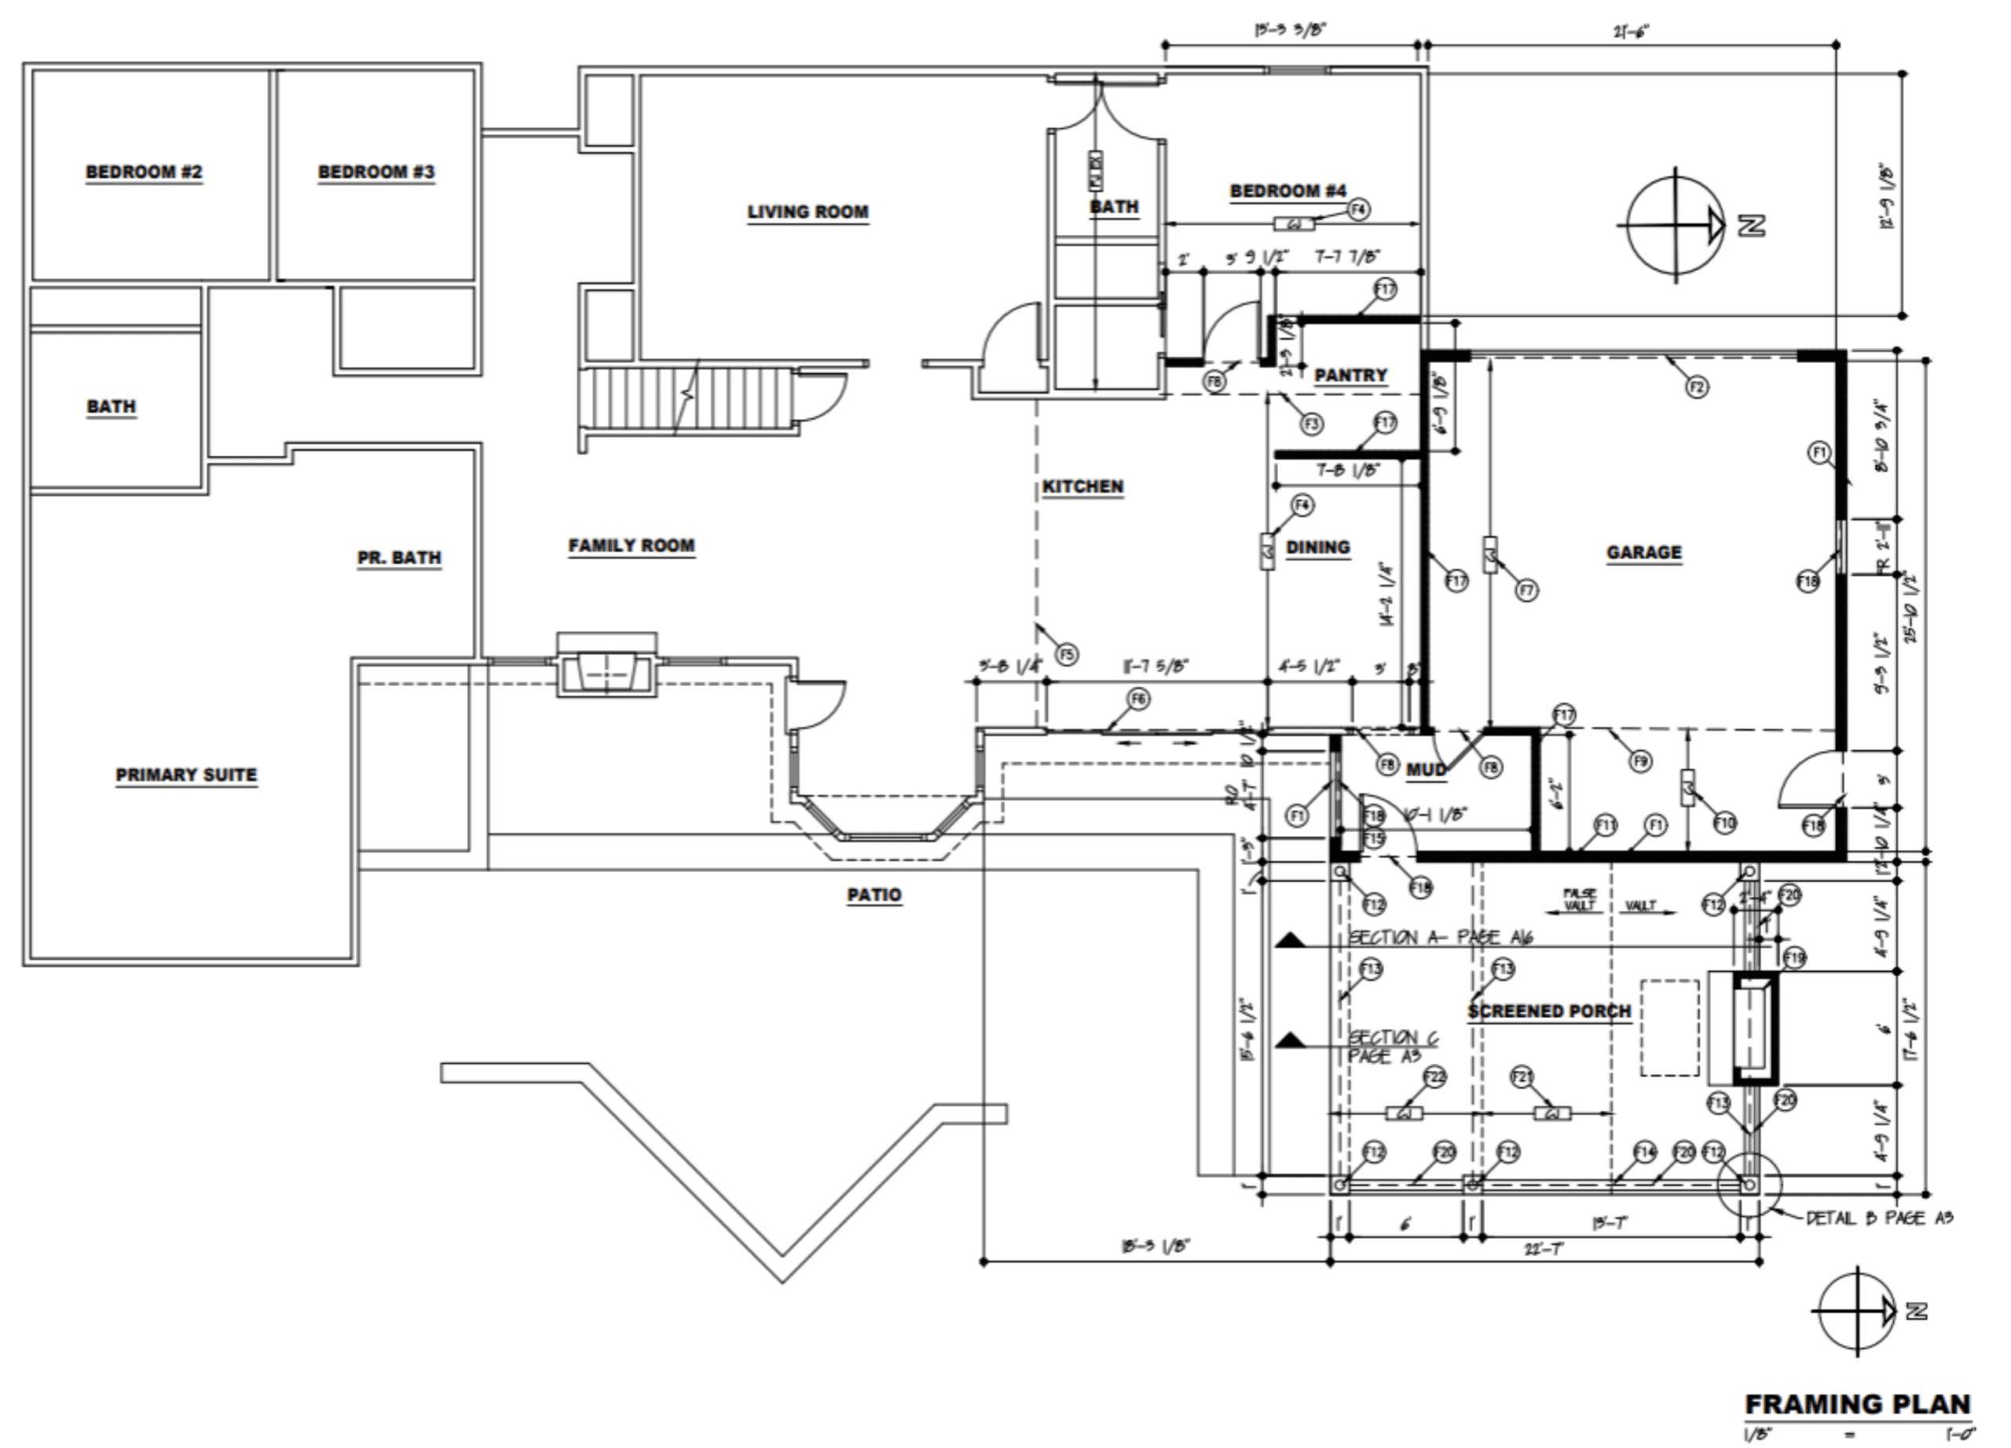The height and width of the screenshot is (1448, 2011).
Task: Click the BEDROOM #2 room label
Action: click(144, 171)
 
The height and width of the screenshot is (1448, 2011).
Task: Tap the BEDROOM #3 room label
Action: click(376, 171)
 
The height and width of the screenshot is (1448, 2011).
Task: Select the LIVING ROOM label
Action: click(807, 212)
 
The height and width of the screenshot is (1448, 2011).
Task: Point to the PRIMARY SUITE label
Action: click(186, 774)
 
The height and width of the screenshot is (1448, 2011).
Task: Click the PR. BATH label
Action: click(399, 558)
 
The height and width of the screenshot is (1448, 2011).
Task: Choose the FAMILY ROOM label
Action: click(632, 545)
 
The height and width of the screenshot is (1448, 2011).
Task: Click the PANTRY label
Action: click(1350, 375)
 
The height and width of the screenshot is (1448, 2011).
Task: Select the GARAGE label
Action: click(1643, 552)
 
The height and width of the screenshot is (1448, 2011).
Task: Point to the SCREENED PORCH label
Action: click(1548, 1011)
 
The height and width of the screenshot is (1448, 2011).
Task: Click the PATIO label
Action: click(874, 895)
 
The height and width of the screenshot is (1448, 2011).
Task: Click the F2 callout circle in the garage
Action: click(1696, 387)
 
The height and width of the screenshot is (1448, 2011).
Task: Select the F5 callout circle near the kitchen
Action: click(1066, 654)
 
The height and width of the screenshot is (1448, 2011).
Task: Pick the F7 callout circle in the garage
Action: click(1526, 590)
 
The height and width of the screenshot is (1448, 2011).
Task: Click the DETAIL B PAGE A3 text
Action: click(1879, 1219)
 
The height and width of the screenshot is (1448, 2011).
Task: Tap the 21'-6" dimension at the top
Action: click(1631, 34)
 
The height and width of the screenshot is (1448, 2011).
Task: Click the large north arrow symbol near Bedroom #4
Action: click(1674, 225)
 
